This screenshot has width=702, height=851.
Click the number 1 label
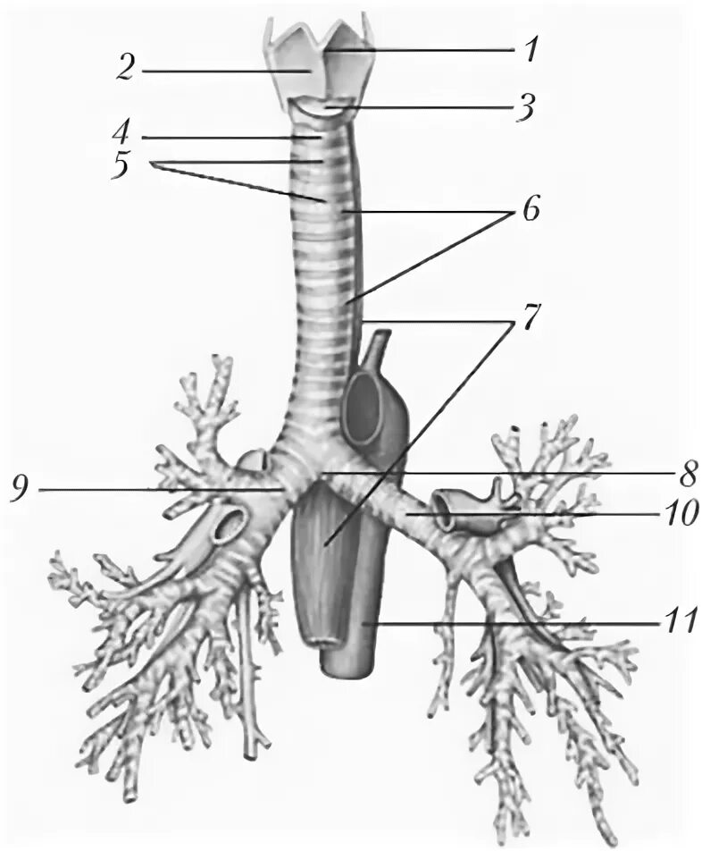[531, 48]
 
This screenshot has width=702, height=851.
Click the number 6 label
[530, 215]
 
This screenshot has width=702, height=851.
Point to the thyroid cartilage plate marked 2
[296, 63]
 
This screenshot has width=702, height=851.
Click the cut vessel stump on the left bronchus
[447, 505]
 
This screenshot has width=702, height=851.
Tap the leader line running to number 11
[518, 620]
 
